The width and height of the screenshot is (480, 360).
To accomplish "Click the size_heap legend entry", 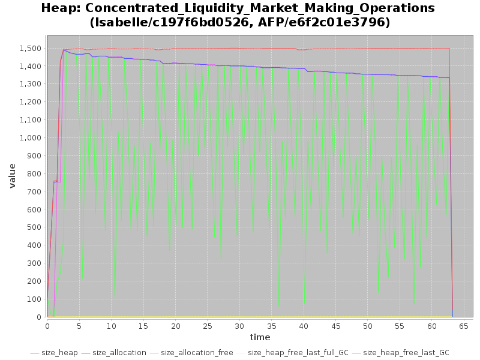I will pyautogui.click(x=59, y=353).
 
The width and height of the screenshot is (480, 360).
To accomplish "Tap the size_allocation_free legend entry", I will pyautogui.click(x=197, y=353).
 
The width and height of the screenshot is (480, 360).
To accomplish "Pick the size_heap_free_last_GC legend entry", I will pyautogui.click(x=406, y=353).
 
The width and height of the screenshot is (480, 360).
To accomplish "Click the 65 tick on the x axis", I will pyautogui.click(x=464, y=326).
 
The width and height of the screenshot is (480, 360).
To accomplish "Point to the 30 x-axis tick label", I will pyautogui.click(x=239, y=326).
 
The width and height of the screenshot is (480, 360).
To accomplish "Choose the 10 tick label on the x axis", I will pyautogui.click(x=111, y=326).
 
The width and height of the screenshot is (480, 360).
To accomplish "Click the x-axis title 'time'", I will pyautogui.click(x=260, y=337).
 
